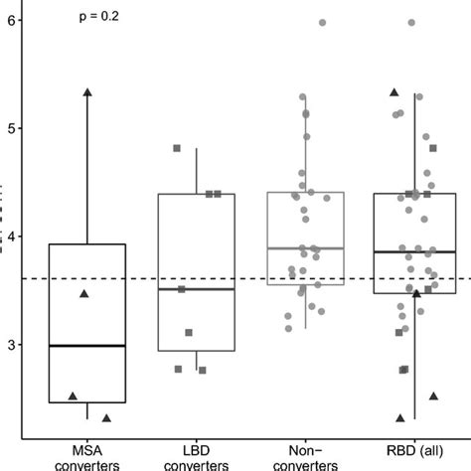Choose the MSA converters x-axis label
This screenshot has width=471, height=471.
pos(87,456)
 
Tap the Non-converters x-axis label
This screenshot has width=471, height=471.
pos(306,456)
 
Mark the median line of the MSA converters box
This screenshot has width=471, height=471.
pos(87,346)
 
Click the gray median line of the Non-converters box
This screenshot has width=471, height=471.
pos(306,248)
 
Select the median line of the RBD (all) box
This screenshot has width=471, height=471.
pos(414,252)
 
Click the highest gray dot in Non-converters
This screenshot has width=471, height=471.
pos(322,22)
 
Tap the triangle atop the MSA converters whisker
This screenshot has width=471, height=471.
pos(87,91)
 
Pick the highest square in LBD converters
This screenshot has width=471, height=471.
pos(178,148)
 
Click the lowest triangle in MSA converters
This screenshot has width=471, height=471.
pos(106,417)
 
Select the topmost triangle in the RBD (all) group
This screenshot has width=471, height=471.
pos(394,91)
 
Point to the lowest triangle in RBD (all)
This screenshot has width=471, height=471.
pos(400,417)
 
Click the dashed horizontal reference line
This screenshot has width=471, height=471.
pos(248,279)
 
